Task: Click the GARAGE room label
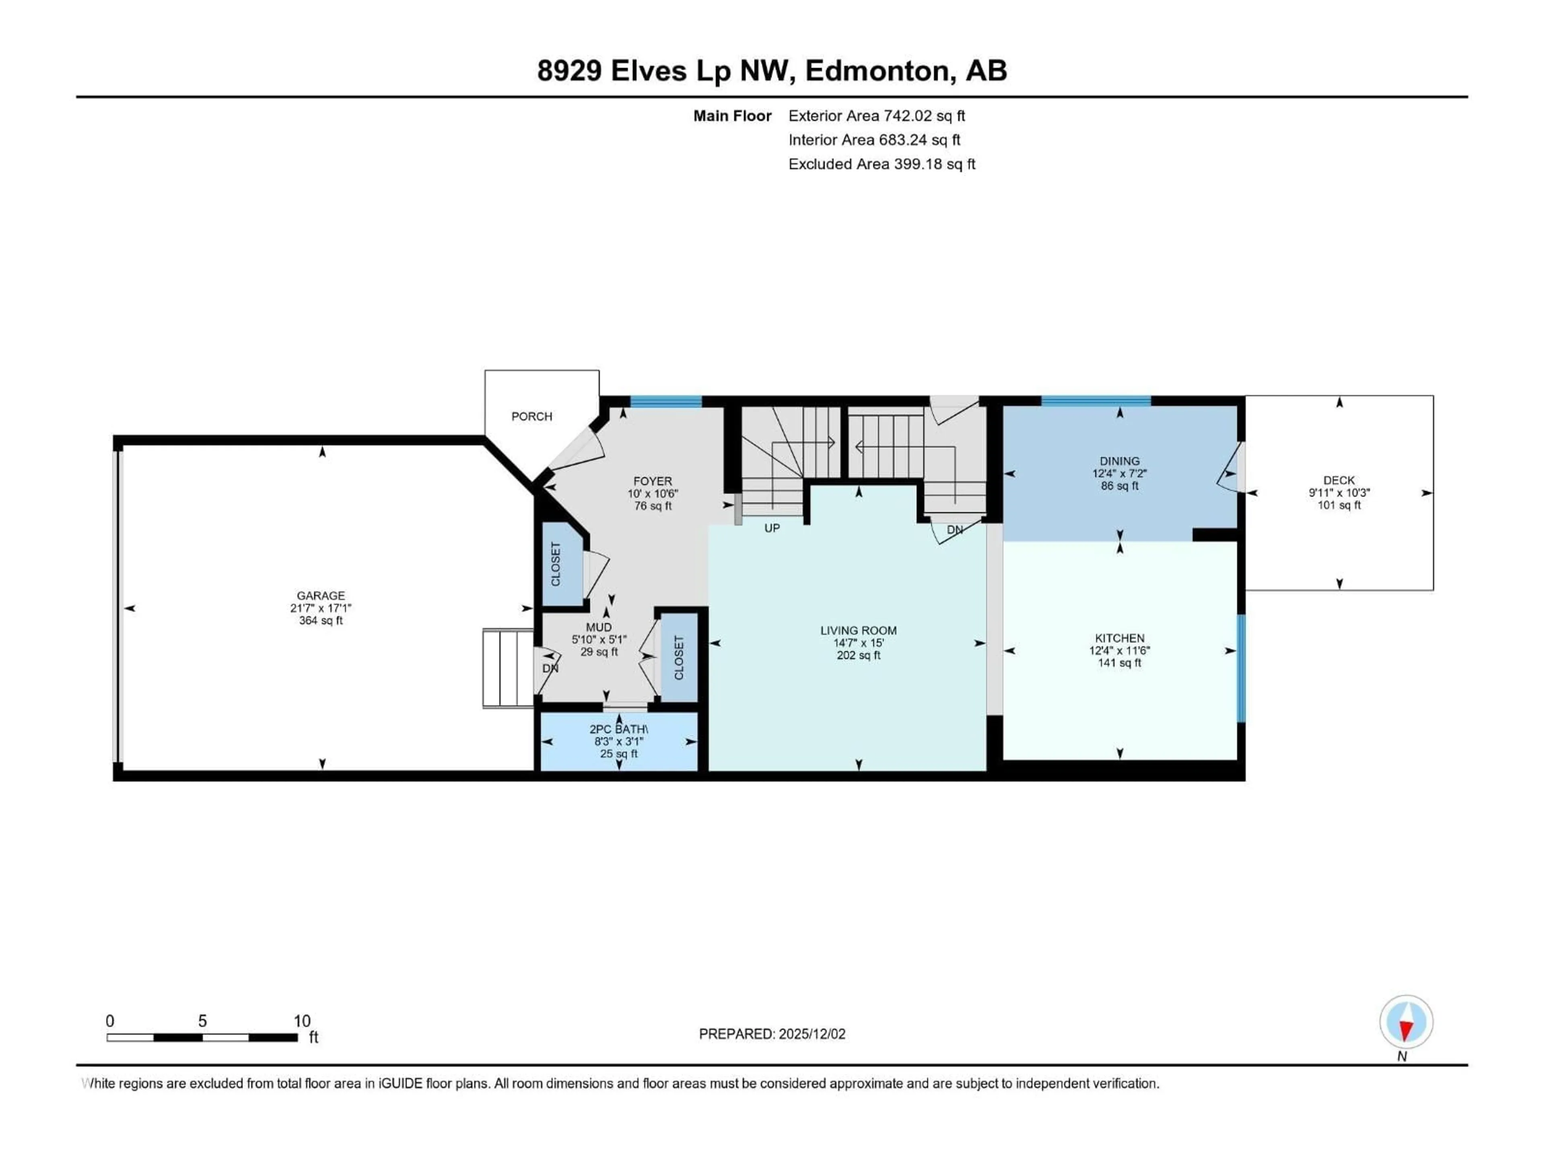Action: (x=321, y=595)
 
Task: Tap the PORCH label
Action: (x=531, y=417)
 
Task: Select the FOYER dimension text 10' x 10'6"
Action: (x=652, y=494)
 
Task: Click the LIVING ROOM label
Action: (x=859, y=630)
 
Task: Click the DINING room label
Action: (x=1120, y=461)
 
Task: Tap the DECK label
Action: (x=1339, y=480)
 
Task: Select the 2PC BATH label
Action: (x=618, y=729)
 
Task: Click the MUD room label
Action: (x=599, y=627)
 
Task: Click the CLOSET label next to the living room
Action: (x=679, y=658)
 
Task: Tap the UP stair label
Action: (x=772, y=528)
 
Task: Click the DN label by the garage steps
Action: (x=550, y=668)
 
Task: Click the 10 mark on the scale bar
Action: (x=302, y=1021)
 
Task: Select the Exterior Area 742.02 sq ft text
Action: (x=877, y=116)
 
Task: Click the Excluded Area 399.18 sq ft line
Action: (x=882, y=164)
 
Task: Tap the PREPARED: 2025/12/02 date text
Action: (x=772, y=1034)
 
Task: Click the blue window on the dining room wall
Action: (x=1095, y=401)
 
